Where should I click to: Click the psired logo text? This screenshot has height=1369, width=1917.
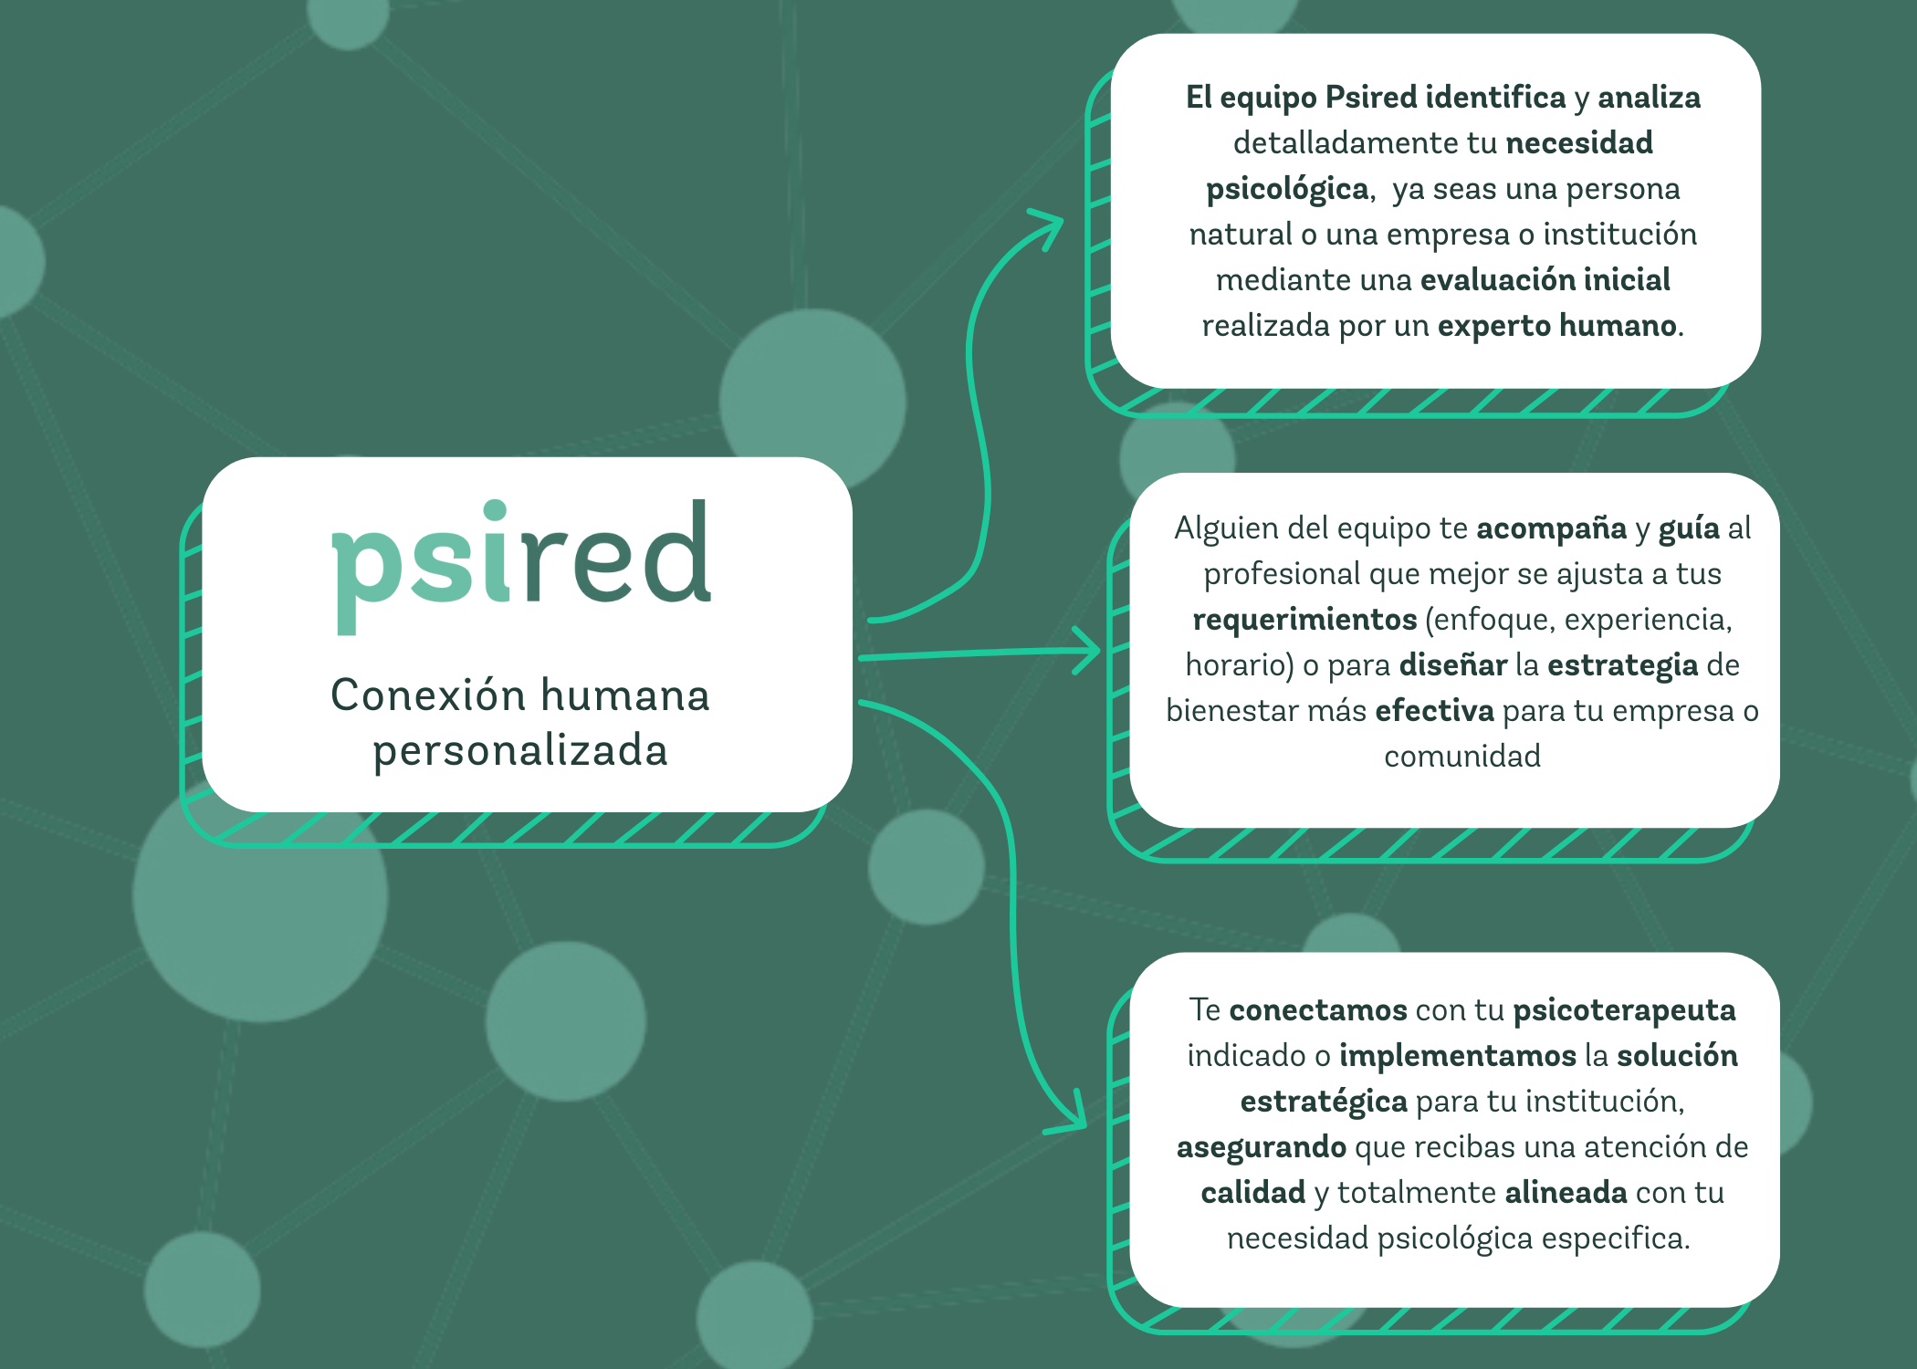coord(521,564)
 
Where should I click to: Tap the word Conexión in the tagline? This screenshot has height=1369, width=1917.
coord(426,695)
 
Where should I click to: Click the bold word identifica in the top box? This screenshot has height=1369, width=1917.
coord(1495,97)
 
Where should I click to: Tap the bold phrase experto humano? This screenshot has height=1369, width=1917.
coord(1556,326)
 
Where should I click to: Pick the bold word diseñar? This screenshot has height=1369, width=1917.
coord(1453,664)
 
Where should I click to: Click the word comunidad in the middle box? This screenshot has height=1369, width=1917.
coord(1462,756)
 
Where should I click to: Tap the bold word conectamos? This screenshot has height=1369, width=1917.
coord(1318,1010)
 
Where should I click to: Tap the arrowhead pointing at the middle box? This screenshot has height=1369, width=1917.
coord(1088,651)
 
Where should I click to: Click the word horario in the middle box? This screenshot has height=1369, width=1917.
coord(1236,665)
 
